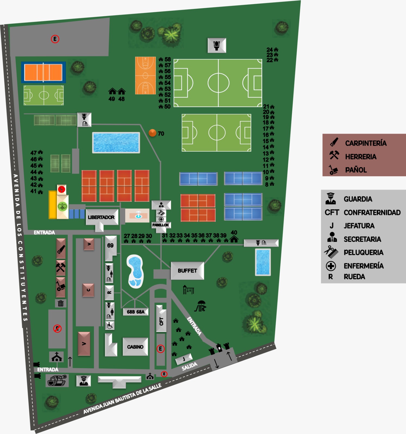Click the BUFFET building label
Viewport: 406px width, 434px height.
tap(187, 271)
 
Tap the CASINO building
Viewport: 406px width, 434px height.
tap(135, 347)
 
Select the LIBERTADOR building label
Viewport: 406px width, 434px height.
tap(101, 217)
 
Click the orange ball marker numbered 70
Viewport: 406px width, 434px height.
tap(152, 133)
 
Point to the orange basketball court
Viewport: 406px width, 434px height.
tap(145, 75)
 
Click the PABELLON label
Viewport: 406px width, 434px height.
tap(160, 225)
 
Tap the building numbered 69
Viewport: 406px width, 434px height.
tap(110, 245)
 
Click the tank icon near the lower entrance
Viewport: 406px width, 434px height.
tap(57, 380)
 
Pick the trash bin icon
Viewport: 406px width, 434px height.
tap(61, 303)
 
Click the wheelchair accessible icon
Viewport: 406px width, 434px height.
tap(110, 325)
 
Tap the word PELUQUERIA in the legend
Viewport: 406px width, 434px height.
tap(363, 253)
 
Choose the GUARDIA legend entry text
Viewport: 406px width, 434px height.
tap(358, 199)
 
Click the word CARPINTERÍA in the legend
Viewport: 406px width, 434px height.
tap(366, 143)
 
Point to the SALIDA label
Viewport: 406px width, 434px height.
tap(189, 366)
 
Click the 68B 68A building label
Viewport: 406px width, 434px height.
tap(136, 312)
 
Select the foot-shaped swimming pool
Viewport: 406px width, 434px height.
tap(135, 271)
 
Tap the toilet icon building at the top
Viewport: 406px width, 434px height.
tap(217, 45)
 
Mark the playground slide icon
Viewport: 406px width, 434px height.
tap(201, 306)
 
